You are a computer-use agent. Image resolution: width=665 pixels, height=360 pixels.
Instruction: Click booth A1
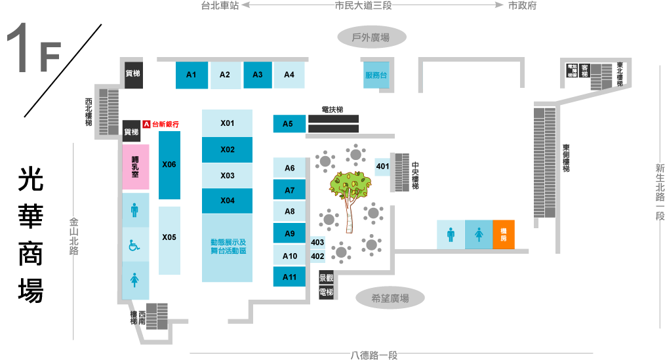191,75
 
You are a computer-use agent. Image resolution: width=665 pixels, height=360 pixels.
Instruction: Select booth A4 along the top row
289,75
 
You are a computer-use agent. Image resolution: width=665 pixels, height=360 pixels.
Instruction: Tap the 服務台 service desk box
376,75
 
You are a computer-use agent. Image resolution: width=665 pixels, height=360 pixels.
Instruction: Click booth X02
227,150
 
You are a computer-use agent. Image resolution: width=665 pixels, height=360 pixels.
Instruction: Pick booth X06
169,165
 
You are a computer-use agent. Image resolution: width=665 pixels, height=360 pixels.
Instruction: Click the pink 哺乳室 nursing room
136,167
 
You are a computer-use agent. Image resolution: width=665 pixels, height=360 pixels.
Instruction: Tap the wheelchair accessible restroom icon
135,245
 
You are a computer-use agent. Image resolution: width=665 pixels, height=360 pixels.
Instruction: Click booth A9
289,233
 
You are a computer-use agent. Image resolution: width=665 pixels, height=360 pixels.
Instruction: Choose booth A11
289,277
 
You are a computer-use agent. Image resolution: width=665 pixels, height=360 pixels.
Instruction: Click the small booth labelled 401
383,167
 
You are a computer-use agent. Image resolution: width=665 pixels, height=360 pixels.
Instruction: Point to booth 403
318,243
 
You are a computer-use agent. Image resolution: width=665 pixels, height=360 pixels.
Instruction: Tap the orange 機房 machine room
504,234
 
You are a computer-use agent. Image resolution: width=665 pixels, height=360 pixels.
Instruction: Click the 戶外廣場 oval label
371,37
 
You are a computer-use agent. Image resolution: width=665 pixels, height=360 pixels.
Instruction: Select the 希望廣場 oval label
390,298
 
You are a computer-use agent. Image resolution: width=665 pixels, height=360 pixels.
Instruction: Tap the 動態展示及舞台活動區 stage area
227,247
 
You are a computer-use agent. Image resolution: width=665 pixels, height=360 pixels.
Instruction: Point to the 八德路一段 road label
374,355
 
